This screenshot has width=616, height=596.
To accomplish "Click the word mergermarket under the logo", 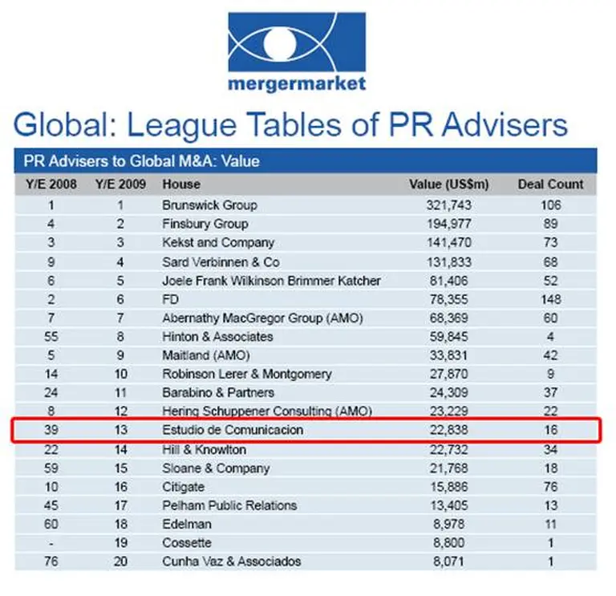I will [x=296, y=83].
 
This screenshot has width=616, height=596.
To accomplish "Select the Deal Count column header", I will [x=550, y=184].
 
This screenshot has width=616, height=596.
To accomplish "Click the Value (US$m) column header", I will [x=449, y=184].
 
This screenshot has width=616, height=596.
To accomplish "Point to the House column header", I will [x=180, y=184].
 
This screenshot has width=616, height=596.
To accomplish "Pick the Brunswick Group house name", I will [x=209, y=205].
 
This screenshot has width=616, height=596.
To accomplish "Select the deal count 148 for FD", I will [x=550, y=298].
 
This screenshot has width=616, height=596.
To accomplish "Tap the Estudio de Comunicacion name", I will [x=233, y=431].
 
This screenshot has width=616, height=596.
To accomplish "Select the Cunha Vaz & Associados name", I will [x=232, y=562].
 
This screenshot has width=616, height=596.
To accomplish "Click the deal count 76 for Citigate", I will [x=550, y=487].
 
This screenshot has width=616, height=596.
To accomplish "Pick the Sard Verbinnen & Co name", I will [x=221, y=262].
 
